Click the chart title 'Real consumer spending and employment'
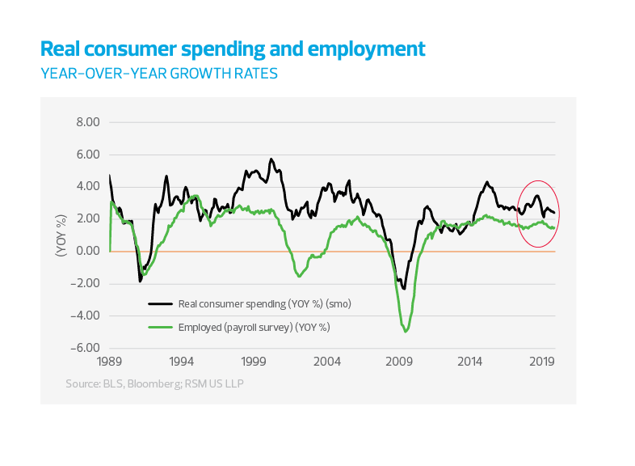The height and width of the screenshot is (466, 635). pos(233,49)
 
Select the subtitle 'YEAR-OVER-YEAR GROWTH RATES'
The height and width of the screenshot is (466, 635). pos(159,73)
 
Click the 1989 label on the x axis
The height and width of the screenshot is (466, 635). pos(108,363)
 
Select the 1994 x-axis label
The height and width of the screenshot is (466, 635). pos(181,363)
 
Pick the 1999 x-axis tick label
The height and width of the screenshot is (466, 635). pos(254,363)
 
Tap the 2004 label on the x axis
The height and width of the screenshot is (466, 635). pos(326,363)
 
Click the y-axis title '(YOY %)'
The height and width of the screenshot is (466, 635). pos(60,235)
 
